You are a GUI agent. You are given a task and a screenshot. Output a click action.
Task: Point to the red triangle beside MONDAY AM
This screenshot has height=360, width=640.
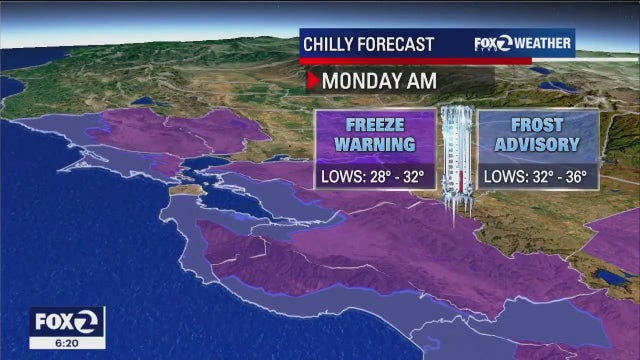312,81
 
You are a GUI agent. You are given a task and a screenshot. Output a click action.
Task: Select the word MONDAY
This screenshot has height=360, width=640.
357,81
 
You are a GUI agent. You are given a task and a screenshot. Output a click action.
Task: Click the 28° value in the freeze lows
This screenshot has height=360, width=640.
377,177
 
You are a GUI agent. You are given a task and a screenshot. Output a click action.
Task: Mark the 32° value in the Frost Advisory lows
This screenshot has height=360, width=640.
539,177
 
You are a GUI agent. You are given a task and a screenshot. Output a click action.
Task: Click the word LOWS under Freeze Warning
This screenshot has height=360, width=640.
339,177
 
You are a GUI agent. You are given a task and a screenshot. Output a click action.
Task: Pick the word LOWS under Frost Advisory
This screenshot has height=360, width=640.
503,177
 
